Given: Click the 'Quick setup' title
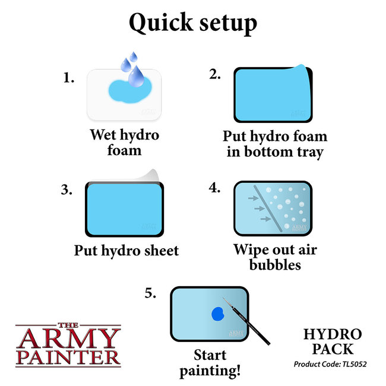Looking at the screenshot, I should [193, 24].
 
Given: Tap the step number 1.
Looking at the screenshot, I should [69, 77].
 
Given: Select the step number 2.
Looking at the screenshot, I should [214, 75].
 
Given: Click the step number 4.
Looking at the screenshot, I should [214, 189].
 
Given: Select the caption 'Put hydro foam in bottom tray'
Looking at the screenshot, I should [274, 144].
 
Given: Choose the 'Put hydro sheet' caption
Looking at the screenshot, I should [126, 250].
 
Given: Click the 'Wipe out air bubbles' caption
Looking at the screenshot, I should [274, 257].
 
